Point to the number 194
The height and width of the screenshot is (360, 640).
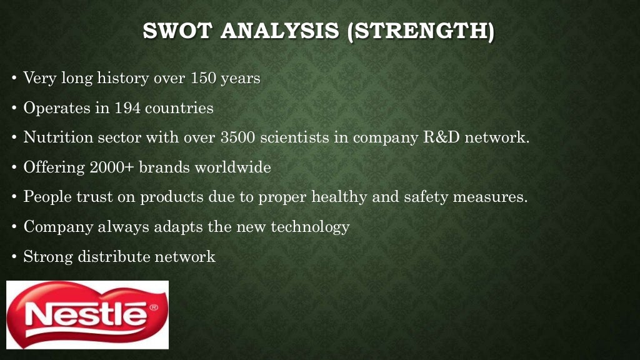(x=127, y=108)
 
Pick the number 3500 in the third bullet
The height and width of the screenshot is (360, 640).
(x=238, y=137)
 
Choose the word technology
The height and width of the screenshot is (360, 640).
(x=309, y=227)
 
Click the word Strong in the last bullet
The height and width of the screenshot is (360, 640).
(x=48, y=257)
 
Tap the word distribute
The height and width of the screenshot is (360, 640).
(x=114, y=257)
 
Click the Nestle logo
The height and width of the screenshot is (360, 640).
(x=87, y=314)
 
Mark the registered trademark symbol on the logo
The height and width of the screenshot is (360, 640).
(x=154, y=307)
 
